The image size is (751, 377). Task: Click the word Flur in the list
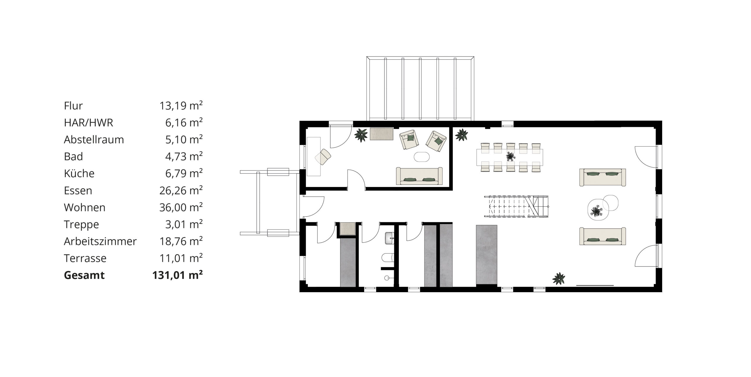pos(73,106)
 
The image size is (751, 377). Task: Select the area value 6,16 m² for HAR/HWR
pos(184,122)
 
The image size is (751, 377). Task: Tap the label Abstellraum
pos(94,139)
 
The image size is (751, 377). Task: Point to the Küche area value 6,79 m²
pos(184,173)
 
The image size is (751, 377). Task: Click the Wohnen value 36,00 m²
pos(181,207)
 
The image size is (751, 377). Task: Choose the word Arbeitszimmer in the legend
pos(100,241)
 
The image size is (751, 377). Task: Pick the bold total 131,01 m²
pos(177,275)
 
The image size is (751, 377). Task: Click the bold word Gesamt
pos(84,275)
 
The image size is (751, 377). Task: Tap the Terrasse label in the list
pos(85,258)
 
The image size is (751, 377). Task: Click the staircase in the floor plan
pos(516,206)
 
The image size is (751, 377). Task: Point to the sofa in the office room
pos(419,176)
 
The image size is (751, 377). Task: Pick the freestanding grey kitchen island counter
pos(486,255)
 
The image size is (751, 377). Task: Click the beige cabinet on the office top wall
pos(381,134)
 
